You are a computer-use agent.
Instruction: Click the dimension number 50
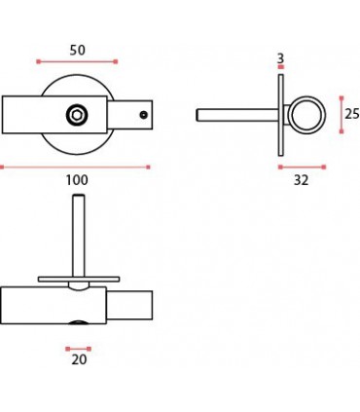pos(77,50)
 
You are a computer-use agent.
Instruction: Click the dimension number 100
pos(77,180)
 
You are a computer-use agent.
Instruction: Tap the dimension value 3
pos(281,58)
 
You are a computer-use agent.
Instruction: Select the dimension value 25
pos(352,114)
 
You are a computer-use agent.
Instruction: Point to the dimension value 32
pos(301,180)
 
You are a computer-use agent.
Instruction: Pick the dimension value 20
pos(79,359)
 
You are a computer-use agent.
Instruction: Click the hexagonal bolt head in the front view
pos(77,115)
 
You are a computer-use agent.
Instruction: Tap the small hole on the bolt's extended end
pos(144,115)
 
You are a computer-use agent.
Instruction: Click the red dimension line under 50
pos(77,61)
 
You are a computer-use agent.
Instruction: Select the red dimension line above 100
pos(75,168)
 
